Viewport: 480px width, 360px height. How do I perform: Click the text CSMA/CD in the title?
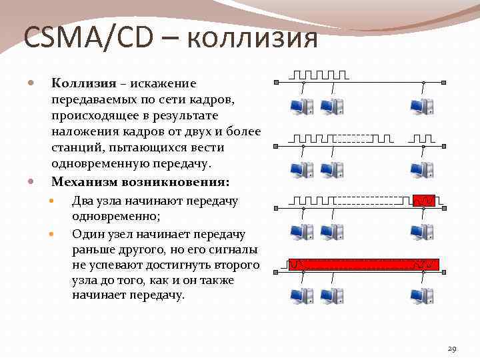coord(90,38)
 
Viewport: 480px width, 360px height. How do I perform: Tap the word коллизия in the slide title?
coord(252,38)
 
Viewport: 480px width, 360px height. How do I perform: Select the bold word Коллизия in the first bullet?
coord(83,83)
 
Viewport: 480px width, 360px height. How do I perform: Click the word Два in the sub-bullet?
coord(84,201)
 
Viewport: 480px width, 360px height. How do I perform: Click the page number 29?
coord(452,349)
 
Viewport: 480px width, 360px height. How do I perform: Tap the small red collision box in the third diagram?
coord(424,199)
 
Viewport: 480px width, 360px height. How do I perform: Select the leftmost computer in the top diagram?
coord(302,106)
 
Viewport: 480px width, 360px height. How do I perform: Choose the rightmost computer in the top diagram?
coord(422,106)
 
